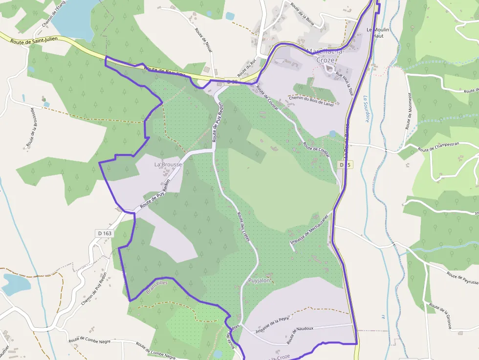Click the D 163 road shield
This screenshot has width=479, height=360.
click(105, 233)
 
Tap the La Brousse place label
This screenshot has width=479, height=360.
click(168, 165)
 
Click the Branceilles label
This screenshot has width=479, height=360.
click(156, 287)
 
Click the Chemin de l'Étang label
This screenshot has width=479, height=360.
click(53, 15)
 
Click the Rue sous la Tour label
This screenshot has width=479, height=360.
click(345, 83)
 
